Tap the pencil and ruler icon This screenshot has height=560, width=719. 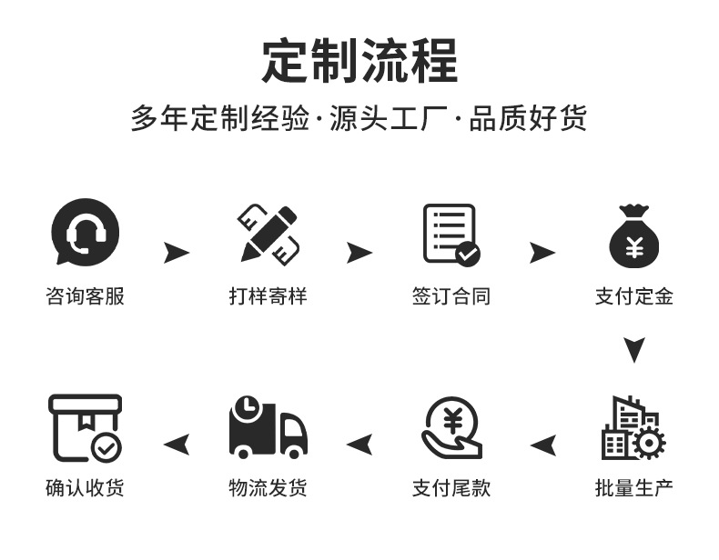(268, 234)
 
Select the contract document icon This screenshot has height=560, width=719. (451, 234)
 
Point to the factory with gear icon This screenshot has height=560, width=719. (633, 427)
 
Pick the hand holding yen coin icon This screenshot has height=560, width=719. (451, 427)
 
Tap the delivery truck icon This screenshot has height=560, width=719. (268, 427)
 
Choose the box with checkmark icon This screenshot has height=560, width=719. (85, 427)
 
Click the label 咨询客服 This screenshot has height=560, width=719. (85, 296)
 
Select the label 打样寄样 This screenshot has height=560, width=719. (268, 296)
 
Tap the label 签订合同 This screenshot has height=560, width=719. (451, 296)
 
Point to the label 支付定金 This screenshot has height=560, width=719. (634, 296)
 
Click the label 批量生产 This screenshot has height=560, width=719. (634, 488)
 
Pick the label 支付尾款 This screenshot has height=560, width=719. (451, 488)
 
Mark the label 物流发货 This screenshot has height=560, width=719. (268, 488)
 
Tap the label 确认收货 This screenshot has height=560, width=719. (85, 488)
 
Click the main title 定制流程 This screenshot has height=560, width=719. (359, 61)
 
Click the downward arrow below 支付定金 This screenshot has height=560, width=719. (634, 349)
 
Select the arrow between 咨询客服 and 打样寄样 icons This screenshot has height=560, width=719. (177, 253)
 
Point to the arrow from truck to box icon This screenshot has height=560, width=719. (177, 445)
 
